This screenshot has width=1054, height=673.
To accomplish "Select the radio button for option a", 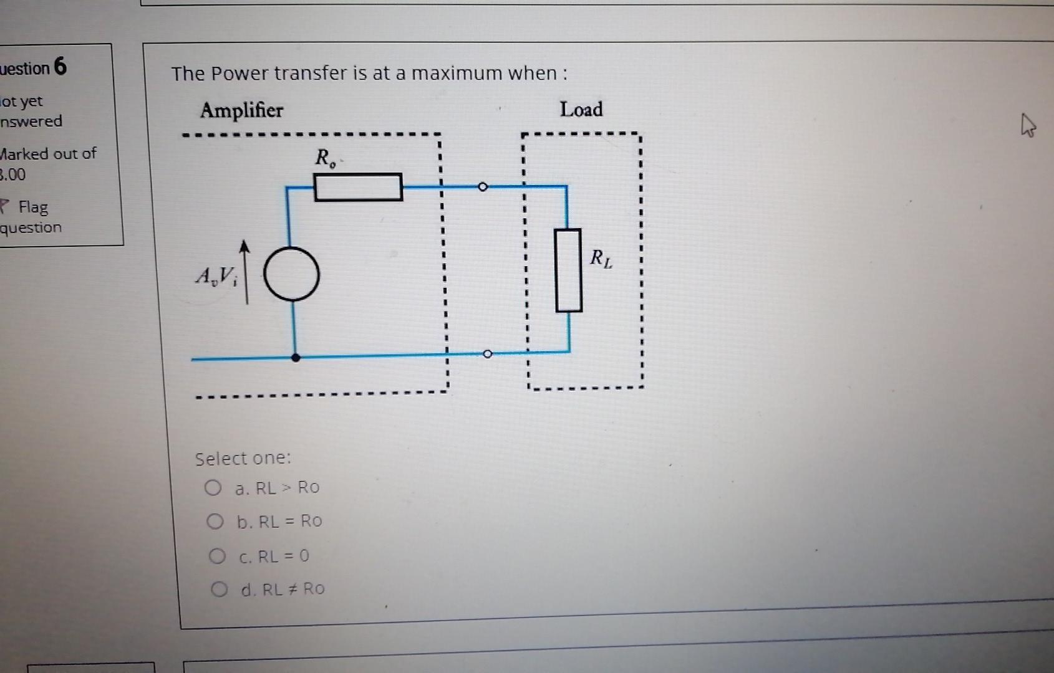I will [213, 487].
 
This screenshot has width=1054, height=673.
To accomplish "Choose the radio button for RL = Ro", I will [215, 521].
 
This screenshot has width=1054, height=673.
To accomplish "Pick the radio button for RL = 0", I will [217, 555].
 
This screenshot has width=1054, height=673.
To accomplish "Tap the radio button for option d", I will [219, 589].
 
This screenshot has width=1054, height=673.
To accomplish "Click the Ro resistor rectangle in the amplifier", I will [358, 187].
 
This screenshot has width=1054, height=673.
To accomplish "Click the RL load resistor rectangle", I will [568, 270].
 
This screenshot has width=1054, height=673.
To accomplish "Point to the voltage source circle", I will [291, 274].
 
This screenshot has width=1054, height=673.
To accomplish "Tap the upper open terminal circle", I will [482, 186].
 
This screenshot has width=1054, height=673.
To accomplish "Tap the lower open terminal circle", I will [488, 354].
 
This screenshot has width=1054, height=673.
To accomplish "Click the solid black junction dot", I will [296, 358].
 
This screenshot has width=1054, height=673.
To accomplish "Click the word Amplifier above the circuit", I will [241, 110].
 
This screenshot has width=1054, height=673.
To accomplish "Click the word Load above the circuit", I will [581, 110].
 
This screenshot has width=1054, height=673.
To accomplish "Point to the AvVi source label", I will [216, 275].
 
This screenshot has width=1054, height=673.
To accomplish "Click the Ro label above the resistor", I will [325, 158].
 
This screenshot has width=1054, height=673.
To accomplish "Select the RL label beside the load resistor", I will [601, 257].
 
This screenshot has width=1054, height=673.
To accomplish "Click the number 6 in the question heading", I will [60, 66].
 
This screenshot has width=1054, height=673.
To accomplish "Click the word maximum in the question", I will [457, 74].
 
